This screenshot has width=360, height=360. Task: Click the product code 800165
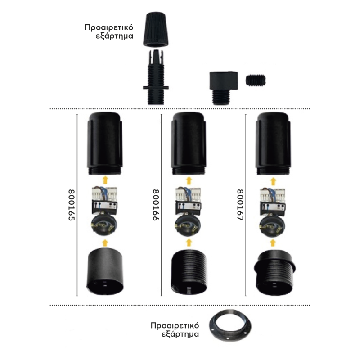click(x=72, y=205)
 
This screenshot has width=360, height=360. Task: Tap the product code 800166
click(x=156, y=205)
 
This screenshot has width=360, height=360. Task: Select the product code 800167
click(x=240, y=205)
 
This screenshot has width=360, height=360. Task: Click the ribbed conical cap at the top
click(x=156, y=30)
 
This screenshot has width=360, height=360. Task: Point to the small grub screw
click(x=256, y=80)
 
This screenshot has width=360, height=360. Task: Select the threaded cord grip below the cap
click(x=156, y=77)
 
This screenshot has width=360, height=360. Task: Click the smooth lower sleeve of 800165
click(x=105, y=272)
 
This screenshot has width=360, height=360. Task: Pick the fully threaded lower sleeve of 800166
click(x=189, y=272)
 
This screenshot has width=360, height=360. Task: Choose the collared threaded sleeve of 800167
click(x=274, y=273)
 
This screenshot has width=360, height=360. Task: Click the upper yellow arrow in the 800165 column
click(x=105, y=180)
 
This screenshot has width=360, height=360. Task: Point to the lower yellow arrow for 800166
click(x=189, y=243)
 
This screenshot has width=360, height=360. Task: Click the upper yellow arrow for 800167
click(x=273, y=181)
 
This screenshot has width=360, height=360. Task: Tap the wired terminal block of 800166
click(x=189, y=201)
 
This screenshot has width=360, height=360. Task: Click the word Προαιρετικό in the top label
click(x=109, y=28)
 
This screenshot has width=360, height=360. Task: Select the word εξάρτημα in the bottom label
click(x=180, y=334)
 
